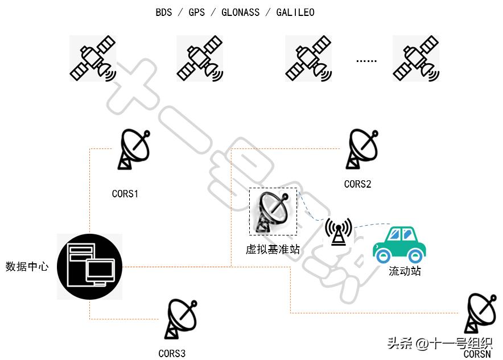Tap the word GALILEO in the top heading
tap(295, 13)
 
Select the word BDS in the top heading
tap(164, 13)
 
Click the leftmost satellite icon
tap(93, 59)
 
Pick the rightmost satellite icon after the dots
tap(416, 59)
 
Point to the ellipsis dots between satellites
tap(366, 60)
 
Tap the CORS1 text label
tap(125, 194)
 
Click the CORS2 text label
tap(358, 184)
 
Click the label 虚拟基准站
tap(273, 249)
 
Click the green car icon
tap(399, 244)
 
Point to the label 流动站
tap(405, 271)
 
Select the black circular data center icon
tap(90, 267)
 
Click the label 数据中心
tap(27, 266)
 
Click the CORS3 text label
tap(172, 354)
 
